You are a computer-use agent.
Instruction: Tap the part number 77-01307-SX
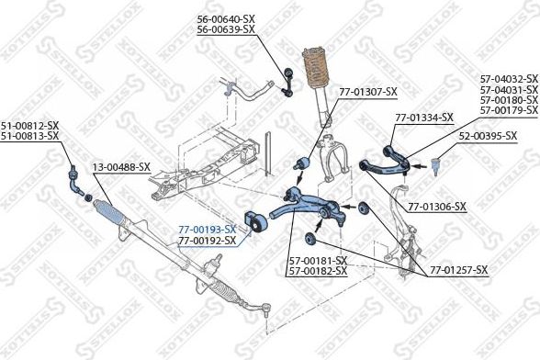[x=367, y=92]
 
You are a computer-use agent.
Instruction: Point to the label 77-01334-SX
[x=423, y=118]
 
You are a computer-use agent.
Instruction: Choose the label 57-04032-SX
[x=509, y=80]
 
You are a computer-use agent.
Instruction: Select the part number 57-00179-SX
[x=509, y=110]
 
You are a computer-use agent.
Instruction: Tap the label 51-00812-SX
[x=29, y=126]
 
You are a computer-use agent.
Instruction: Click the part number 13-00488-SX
[x=121, y=167]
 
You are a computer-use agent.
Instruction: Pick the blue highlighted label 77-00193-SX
[x=207, y=230]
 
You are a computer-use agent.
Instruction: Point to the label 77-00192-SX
[x=207, y=241]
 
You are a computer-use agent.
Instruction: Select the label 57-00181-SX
[x=317, y=261]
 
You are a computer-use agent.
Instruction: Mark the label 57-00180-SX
[x=509, y=100]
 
